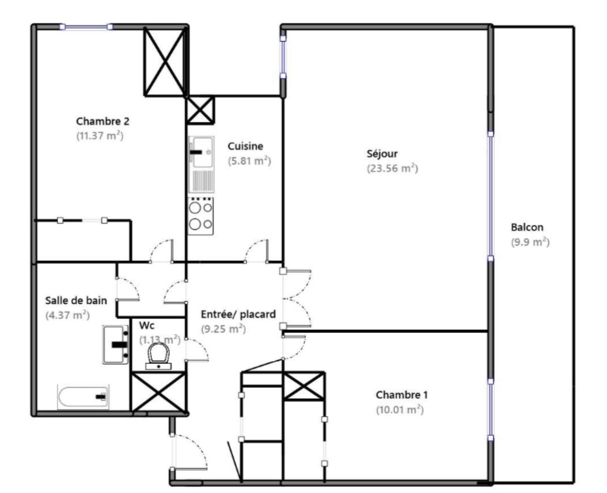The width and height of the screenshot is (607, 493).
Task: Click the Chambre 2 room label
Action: pos(102,122)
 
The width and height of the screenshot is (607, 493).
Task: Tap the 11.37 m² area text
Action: pos(100,136)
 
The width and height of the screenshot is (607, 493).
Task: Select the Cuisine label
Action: pos(245,146)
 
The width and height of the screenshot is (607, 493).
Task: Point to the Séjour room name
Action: pos(382,154)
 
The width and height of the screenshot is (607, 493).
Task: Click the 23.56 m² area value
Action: pos(392,168)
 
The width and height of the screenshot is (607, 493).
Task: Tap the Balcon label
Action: pos(527,227)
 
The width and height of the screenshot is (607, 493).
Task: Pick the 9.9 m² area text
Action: pos(530,242)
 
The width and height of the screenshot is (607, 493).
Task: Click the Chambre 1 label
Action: pos(401,395)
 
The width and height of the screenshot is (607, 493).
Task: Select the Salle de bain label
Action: pos(76,300)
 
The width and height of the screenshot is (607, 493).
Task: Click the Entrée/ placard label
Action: pos(238,314)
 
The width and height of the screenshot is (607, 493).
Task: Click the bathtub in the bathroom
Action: pos(83,397)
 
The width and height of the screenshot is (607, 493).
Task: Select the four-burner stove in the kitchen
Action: pos(201,216)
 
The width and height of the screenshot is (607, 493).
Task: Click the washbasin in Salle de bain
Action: pos(115,345)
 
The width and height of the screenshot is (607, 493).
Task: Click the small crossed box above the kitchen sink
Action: pos(200,110)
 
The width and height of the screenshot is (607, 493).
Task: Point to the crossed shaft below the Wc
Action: pos(159,393)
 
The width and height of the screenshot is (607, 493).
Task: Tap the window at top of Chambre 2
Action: pos(86,27)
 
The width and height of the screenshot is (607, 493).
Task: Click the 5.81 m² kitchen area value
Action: pos(249,161)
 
